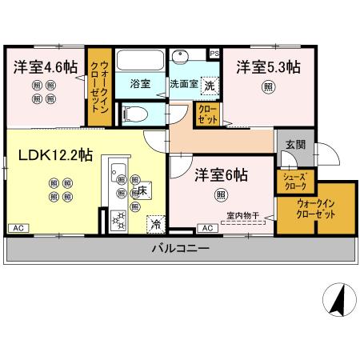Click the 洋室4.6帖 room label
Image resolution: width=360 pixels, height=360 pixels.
click(43, 68)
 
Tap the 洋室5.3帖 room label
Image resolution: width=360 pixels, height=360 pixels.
click(267, 67)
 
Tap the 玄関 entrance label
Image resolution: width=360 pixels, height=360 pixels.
click(295, 144)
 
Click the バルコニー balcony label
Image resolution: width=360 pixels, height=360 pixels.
click(180, 249)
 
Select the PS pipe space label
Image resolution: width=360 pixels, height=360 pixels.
click(214, 53)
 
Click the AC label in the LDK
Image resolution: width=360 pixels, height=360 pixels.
click(16, 230)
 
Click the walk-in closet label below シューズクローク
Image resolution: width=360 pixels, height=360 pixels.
click(315, 209)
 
